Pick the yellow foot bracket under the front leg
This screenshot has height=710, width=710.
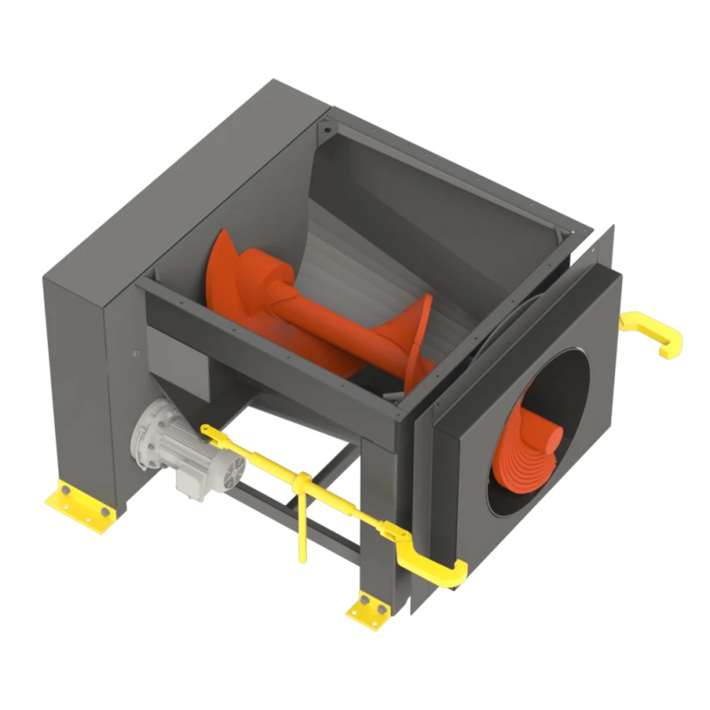tap(368, 610)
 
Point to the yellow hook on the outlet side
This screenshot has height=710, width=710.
tap(657, 332)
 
